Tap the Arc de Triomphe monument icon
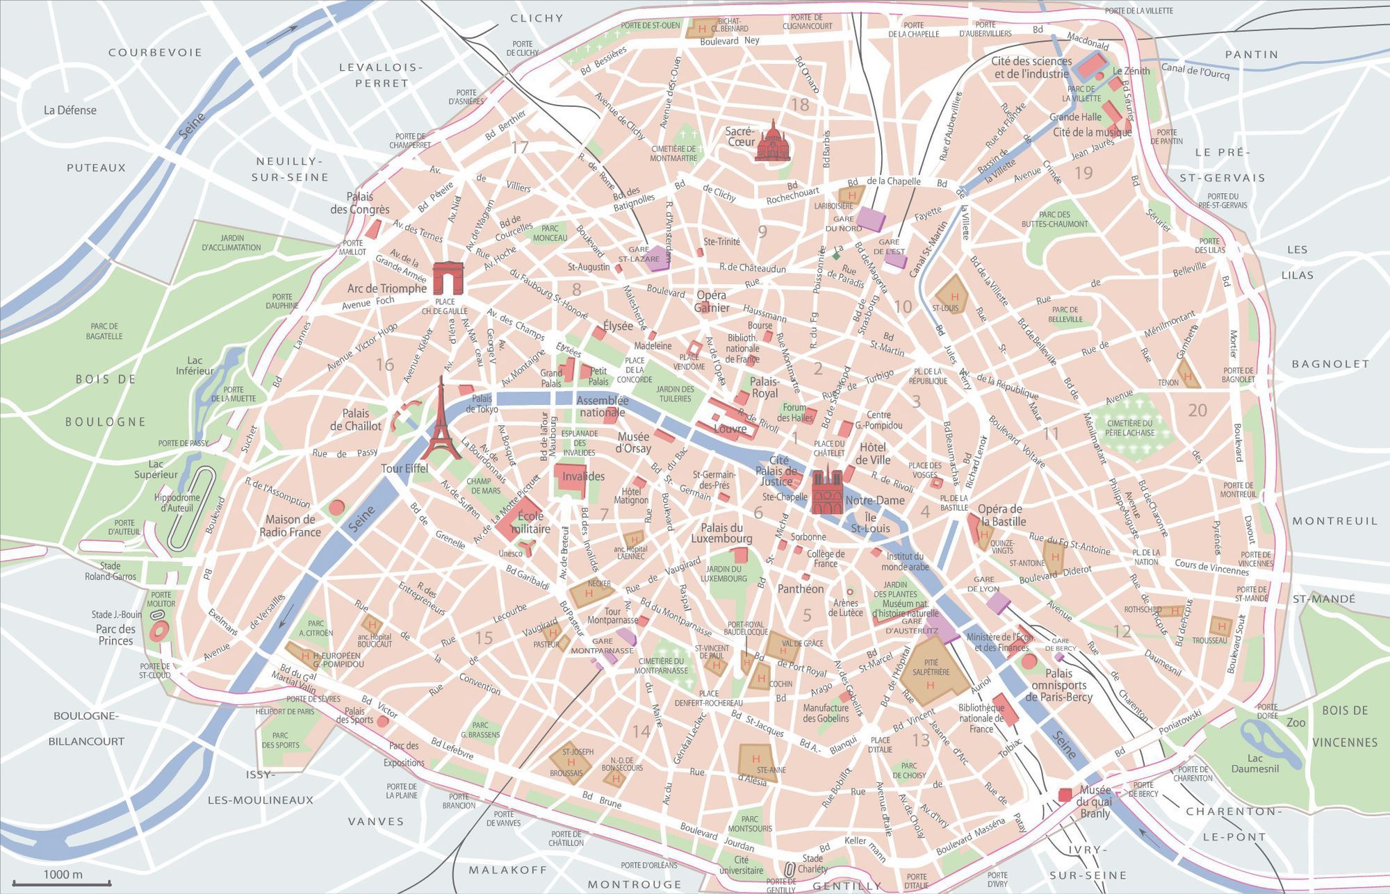point(448,278)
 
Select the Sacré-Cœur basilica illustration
point(771,142)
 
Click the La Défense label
point(70,110)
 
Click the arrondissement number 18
point(800,104)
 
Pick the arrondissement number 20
point(1197,410)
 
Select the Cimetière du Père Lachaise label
point(1130,427)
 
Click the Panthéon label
point(801,588)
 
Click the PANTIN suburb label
point(1252,54)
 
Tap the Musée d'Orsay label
point(633,442)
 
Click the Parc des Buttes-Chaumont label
point(1054,220)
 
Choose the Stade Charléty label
point(812,863)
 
